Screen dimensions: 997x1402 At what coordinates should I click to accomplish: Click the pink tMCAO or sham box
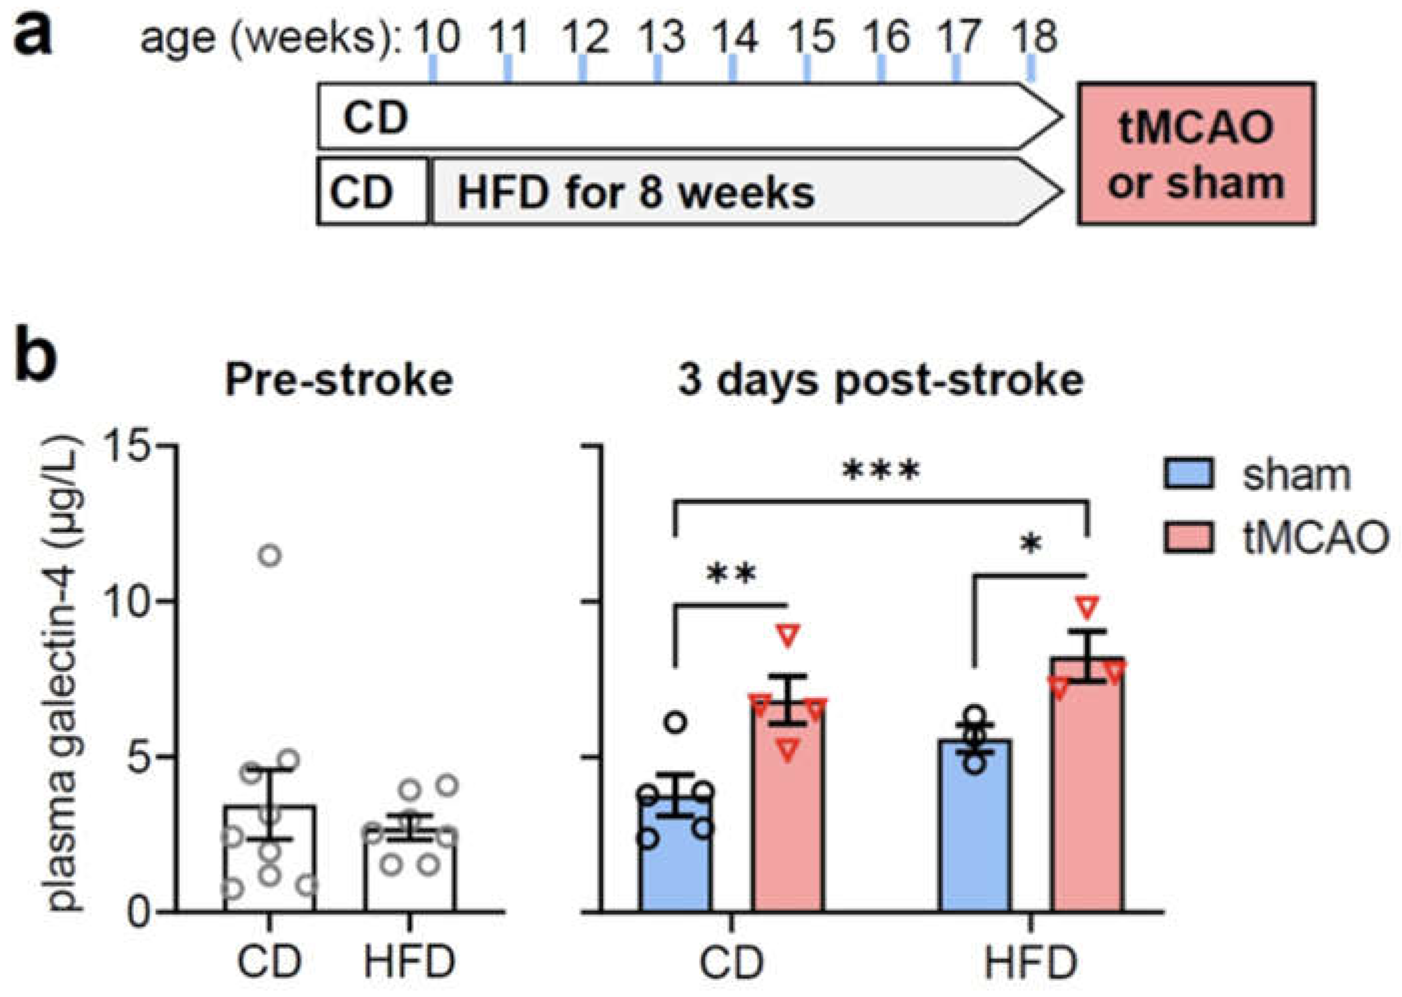[x=1195, y=153]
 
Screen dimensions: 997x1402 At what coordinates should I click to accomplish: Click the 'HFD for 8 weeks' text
[x=636, y=192]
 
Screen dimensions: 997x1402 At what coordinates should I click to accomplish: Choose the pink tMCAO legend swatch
[x=1188, y=537]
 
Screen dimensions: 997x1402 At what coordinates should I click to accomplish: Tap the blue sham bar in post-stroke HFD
[x=974, y=829]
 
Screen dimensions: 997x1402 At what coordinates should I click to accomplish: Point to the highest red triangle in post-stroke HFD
[x=1087, y=607]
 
